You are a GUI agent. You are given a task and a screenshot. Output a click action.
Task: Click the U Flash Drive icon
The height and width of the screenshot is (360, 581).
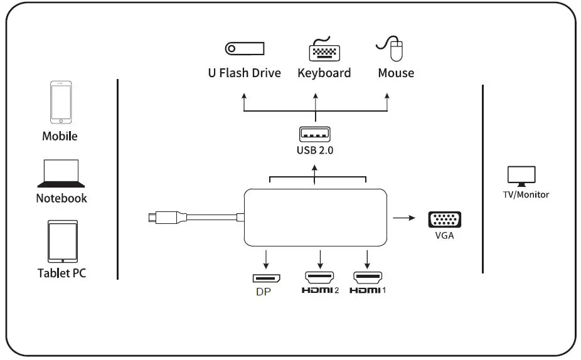245,48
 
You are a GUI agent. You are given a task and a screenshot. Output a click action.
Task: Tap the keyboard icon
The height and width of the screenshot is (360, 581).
324,49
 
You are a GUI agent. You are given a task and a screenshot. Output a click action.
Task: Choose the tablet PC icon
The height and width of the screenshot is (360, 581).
62,241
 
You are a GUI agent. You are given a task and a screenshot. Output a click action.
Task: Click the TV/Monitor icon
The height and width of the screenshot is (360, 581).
521,176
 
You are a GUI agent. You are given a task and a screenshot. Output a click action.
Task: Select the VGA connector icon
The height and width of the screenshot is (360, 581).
445,220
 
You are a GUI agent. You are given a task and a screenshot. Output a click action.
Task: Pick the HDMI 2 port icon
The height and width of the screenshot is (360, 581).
320,277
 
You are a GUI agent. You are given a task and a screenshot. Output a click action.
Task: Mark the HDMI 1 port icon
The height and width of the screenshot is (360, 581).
368,277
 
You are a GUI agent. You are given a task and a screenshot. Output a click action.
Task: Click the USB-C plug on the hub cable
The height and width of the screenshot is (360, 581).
154,218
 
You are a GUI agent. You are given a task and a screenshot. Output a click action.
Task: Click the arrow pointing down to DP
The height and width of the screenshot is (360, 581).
267,258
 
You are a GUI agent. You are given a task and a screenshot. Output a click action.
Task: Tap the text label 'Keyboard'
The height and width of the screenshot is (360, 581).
324,73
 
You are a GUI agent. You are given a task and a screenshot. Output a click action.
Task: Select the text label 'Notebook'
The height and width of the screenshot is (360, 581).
61,198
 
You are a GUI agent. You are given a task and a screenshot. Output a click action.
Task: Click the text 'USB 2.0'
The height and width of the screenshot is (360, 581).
315,151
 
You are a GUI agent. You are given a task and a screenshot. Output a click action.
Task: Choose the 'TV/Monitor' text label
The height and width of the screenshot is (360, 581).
525,194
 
